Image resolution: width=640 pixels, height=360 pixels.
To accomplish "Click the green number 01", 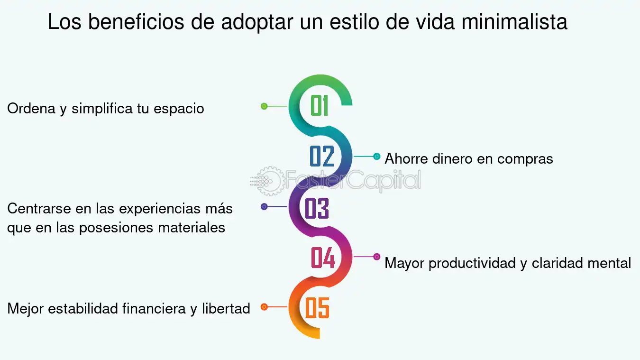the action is pyautogui.click(x=319, y=105).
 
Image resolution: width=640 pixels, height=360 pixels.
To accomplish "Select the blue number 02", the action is pyautogui.click(x=322, y=156).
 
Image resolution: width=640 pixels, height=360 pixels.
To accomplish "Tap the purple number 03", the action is pyautogui.click(x=317, y=208).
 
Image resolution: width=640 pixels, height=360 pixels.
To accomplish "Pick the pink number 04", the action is pyautogui.click(x=323, y=258).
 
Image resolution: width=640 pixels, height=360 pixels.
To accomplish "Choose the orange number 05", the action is pyautogui.click(x=317, y=308).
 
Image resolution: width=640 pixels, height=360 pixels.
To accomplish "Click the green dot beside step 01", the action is pyautogui.click(x=264, y=106).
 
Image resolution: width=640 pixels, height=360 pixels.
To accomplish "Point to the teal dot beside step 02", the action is pyautogui.click(x=377, y=157).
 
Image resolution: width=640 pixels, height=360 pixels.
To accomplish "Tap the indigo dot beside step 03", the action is pyautogui.click(x=264, y=206).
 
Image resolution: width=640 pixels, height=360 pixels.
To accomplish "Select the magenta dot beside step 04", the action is pyautogui.click(x=377, y=257).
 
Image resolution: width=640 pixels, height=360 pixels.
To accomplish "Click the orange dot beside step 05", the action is pyautogui.click(x=264, y=307).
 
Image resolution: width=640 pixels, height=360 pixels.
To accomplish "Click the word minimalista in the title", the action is pyautogui.click(x=514, y=22).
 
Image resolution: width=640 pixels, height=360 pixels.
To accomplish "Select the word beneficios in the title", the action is pyautogui.click(x=136, y=22).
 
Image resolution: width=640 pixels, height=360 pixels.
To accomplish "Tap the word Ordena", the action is pyautogui.click(x=31, y=108).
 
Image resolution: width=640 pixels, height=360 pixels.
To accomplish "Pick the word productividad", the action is pyautogui.click(x=472, y=264).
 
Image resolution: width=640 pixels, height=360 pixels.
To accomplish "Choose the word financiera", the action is pyautogui.click(x=154, y=308).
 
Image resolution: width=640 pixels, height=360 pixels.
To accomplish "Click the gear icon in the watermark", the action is pyautogui.click(x=270, y=181).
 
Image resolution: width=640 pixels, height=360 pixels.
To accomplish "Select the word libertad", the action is pyautogui.click(x=226, y=308).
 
